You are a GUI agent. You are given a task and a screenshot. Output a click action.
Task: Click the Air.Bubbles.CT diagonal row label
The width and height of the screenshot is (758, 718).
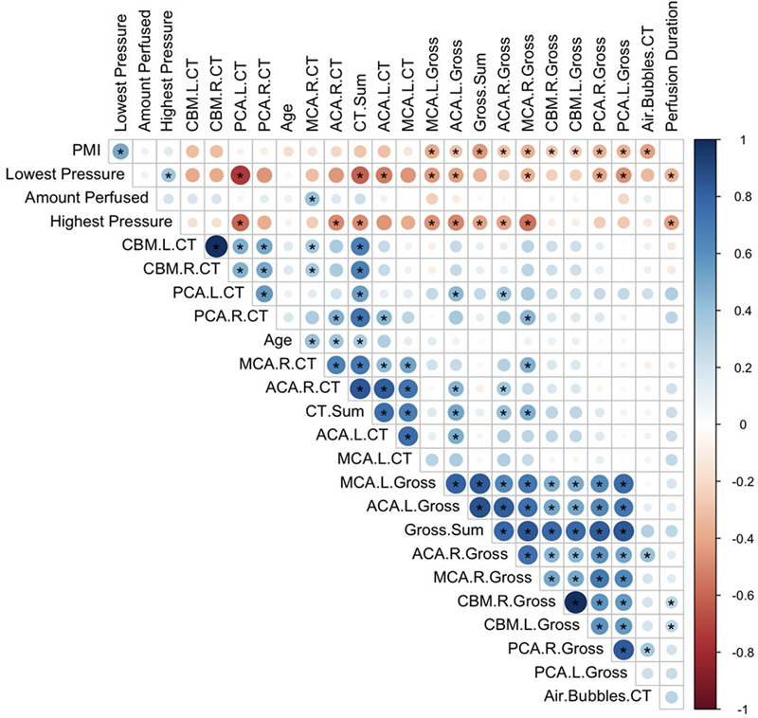pyautogui.click(x=601, y=696)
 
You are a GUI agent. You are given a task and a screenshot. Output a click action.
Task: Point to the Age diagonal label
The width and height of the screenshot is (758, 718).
pyautogui.click(x=280, y=341)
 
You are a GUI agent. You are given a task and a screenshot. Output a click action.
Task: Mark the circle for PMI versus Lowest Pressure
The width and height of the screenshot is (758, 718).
pyautogui.click(x=120, y=151)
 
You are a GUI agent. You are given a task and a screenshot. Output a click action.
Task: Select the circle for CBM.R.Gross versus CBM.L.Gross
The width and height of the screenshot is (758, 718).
pyautogui.click(x=574, y=601)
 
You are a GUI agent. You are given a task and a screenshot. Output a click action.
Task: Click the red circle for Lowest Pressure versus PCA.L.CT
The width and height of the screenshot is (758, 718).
pyautogui.click(x=240, y=174)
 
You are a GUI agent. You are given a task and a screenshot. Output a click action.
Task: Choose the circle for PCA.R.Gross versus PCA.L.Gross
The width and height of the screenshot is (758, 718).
pyautogui.click(x=623, y=649)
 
